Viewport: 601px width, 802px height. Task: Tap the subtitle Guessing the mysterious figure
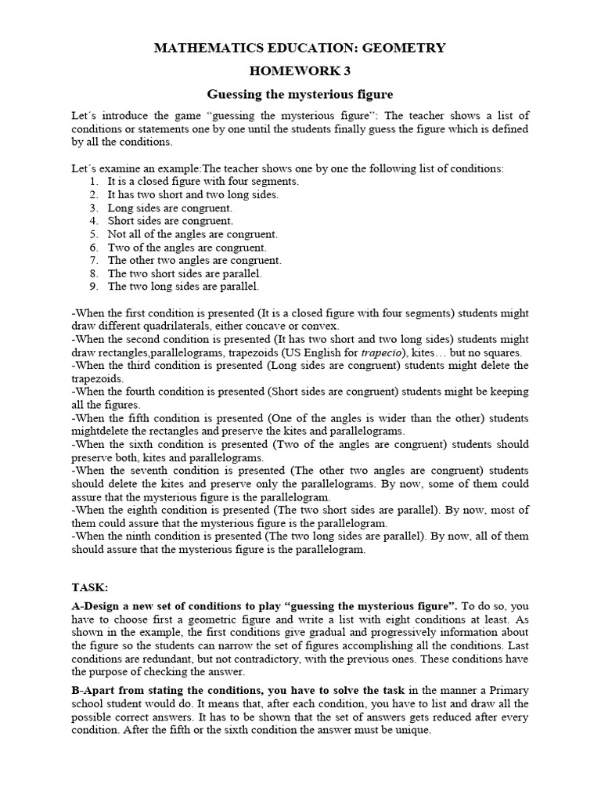(x=300, y=95)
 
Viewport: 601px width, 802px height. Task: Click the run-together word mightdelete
(x=101, y=432)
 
